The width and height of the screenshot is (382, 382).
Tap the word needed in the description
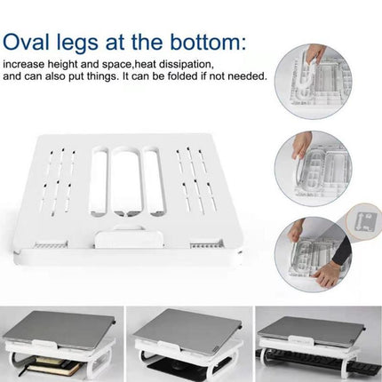point(246,76)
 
